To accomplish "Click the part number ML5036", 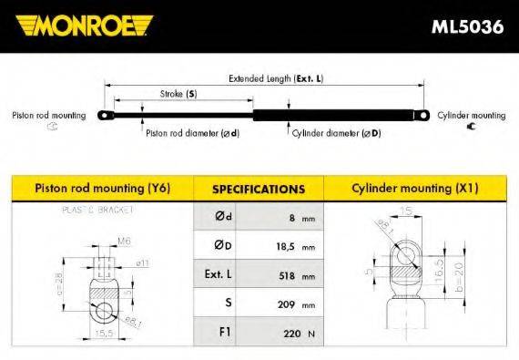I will (466, 26).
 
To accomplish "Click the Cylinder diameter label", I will (336, 133).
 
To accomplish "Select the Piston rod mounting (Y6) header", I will (102, 189).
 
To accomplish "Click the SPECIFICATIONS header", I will (258, 190).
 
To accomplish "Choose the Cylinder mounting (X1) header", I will (414, 189).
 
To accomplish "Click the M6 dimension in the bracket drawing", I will (123, 242).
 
